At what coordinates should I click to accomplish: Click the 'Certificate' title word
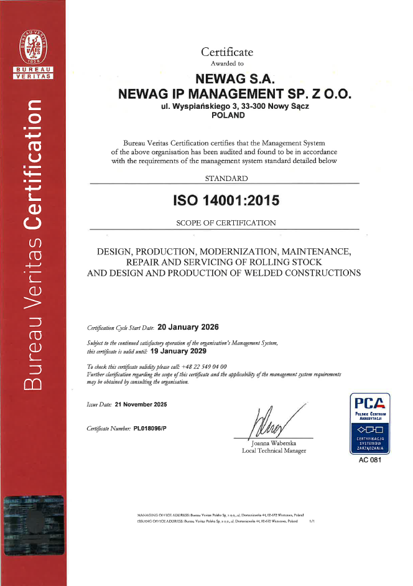tap(227, 52)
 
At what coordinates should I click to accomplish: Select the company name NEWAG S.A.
tap(234, 79)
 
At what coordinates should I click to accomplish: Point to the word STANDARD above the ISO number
tap(226, 179)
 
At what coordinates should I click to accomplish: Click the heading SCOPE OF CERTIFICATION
tap(226, 223)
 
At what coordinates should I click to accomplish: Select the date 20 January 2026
tap(188, 326)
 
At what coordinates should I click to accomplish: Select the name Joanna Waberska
tap(274, 443)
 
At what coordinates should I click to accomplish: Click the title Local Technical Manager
tap(274, 450)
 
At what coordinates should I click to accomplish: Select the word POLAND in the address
tap(228, 114)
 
